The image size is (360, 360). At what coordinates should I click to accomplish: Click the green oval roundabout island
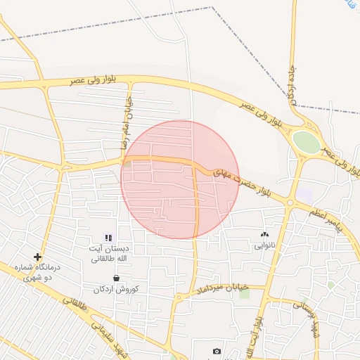306,141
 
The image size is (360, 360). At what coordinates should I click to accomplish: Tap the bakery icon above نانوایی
264,235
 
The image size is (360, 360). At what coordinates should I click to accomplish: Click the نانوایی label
264,246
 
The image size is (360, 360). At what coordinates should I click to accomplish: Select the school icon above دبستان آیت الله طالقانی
108,238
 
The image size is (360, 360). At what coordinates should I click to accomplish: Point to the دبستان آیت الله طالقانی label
108,253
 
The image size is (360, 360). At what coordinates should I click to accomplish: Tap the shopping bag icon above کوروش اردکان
116,278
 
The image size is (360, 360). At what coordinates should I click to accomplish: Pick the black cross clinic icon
38,257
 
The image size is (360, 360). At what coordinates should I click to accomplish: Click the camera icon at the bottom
217,351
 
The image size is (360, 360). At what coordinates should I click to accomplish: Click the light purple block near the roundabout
304,193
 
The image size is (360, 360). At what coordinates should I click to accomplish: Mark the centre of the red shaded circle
180,179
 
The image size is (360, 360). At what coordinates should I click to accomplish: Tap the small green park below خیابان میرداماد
245,293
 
